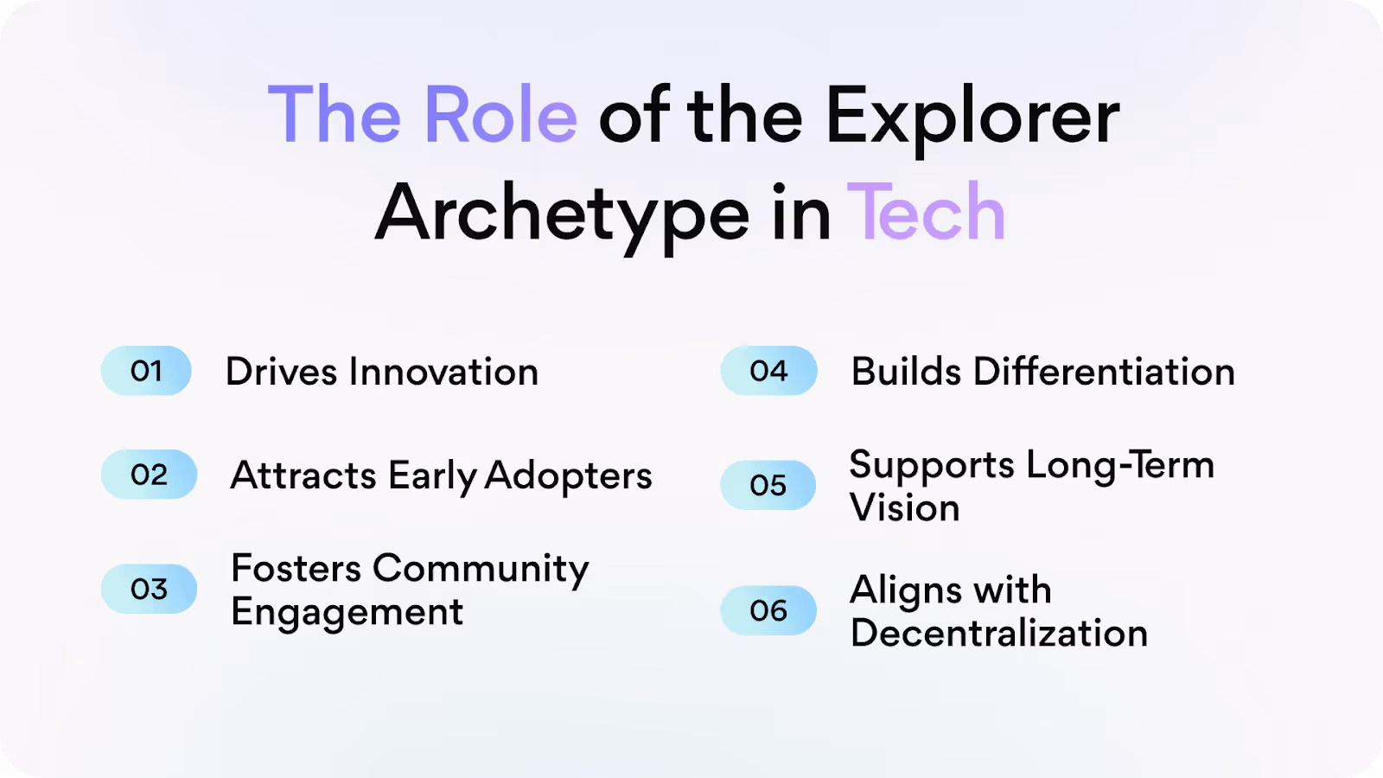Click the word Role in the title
500,115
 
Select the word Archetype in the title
563,215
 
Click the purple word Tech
926,213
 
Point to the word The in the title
335,115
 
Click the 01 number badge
146,371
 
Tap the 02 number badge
149,475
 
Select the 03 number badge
149,589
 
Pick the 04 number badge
768,371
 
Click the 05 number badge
768,485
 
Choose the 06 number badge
768,610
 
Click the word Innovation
443,372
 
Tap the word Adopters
568,475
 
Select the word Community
481,569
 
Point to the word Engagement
347,613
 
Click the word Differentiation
1104,372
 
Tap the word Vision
904,507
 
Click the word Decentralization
998,633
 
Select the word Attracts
303,475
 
